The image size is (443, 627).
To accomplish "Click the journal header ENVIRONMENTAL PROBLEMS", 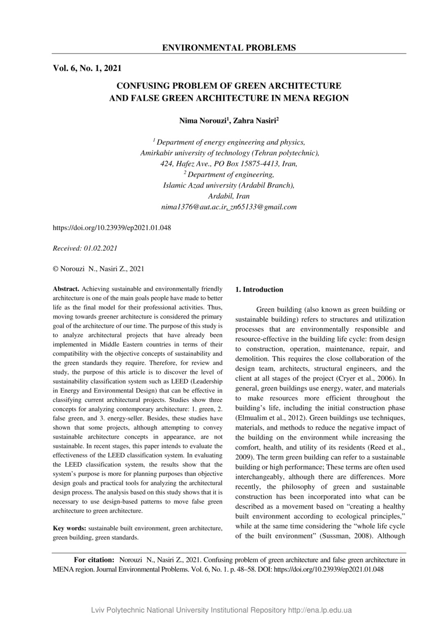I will [x=229, y=48].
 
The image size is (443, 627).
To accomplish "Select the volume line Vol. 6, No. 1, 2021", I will [x=87, y=68].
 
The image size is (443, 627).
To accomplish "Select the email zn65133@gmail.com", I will [x=263, y=207].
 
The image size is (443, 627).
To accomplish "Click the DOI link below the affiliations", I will [x=112, y=228].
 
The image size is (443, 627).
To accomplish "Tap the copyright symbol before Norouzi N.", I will [x=56, y=269].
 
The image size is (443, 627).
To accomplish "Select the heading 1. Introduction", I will [x=259, y=290].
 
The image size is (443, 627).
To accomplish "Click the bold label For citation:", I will [x=94, y=560].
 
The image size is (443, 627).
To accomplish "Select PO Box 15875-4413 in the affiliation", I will [x=239, y=164].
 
